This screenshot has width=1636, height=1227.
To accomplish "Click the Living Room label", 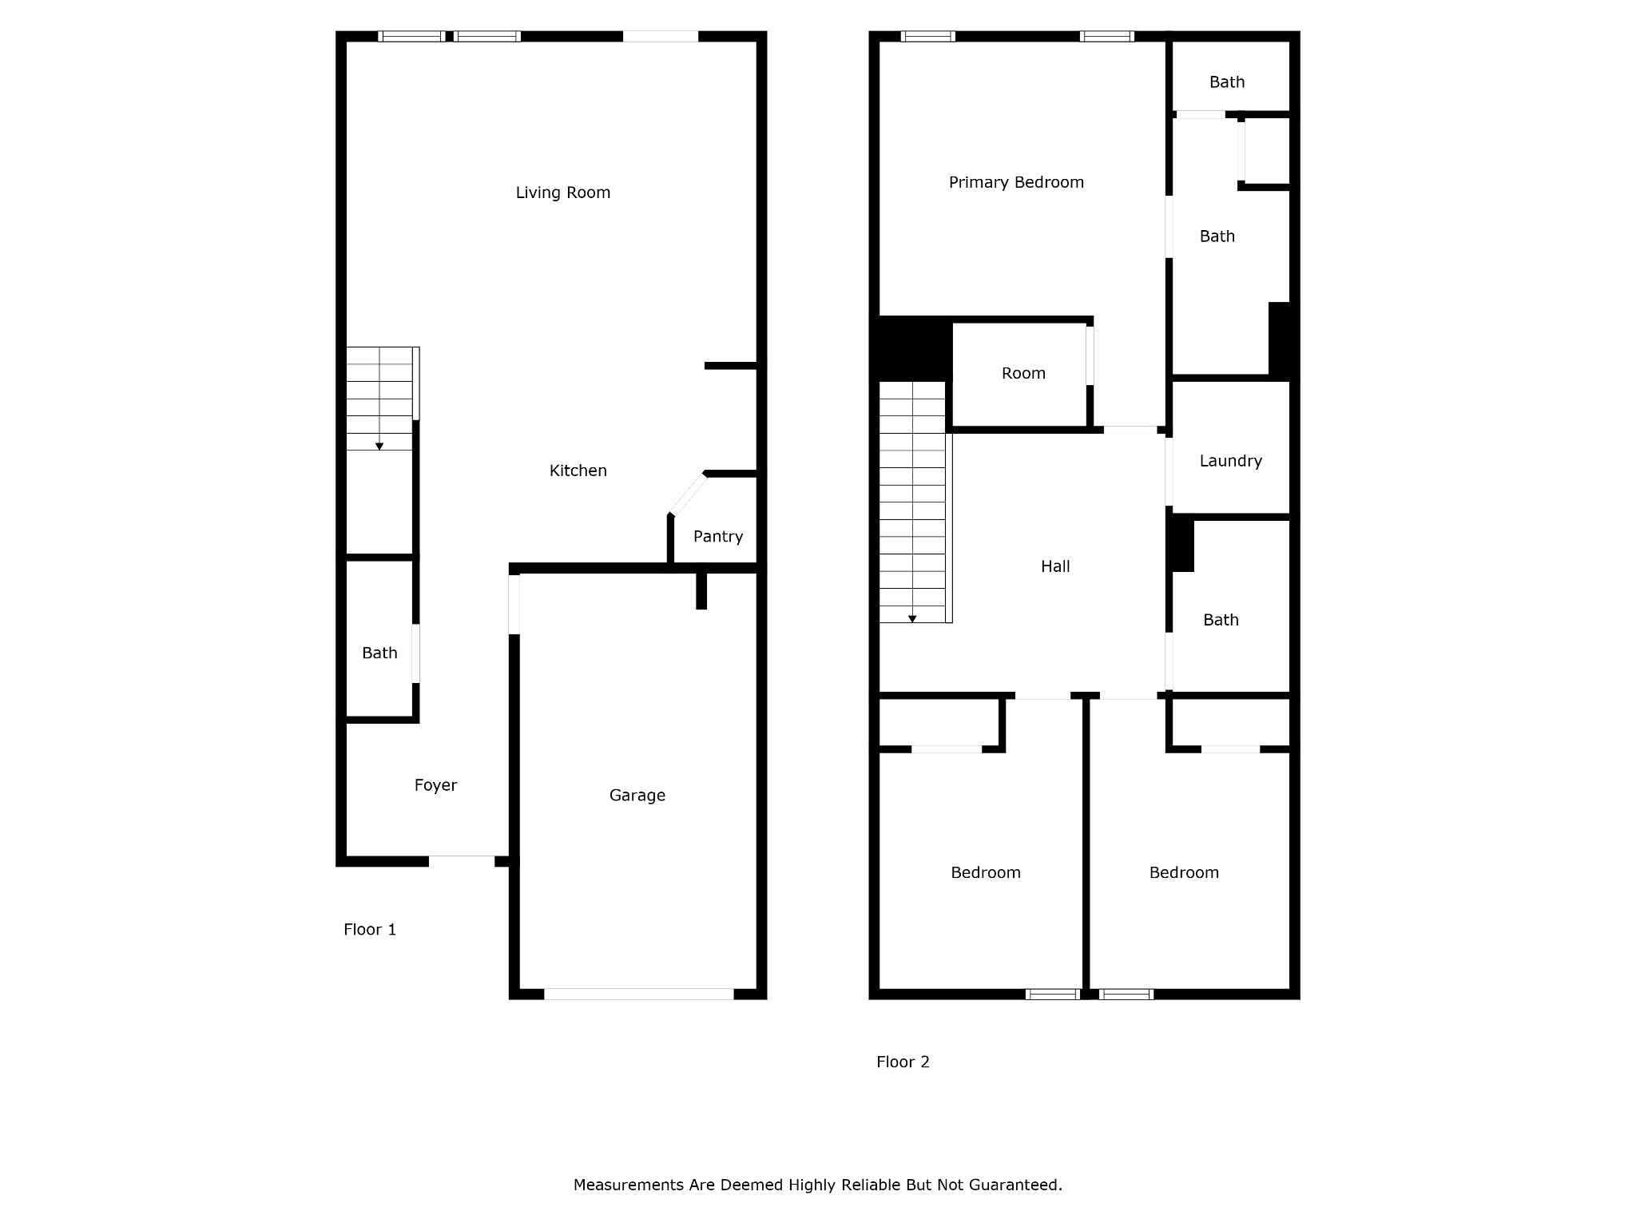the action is (x=563, y=193).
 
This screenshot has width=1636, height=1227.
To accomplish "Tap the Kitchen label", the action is (x=578, y=471).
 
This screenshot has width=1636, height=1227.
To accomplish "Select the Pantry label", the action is (x=718, y=536).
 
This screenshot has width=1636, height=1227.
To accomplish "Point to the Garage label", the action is (x=637, y=795).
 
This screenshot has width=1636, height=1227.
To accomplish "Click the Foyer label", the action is (x=435, y=785).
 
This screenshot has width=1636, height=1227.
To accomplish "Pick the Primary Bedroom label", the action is (x=1016, y=182).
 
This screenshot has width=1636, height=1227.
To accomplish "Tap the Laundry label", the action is (x=1231, y=461).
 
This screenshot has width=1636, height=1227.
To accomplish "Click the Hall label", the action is (x=1055, y=566).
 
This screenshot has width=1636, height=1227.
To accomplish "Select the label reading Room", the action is (x=1023, y=373).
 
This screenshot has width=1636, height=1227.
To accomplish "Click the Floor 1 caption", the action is (x=370, y=929).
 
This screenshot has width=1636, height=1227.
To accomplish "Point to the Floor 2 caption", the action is (x=903, y=1062).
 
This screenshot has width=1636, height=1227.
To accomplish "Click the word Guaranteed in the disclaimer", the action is (x=1015, y=1185).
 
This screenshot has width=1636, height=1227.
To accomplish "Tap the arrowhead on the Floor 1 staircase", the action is (x=379, y=447).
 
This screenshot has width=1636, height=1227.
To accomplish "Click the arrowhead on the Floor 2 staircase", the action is (x=912, y=619).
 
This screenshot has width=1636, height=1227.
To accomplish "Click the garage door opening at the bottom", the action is (x=639, y=994).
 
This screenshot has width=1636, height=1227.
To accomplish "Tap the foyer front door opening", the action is (x=462, y=861).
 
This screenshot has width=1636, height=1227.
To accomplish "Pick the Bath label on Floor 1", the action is (x=379, y=653).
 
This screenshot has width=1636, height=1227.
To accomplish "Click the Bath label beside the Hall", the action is (x=1221, y=620).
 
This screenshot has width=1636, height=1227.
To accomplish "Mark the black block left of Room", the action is (x=915, y=349).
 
